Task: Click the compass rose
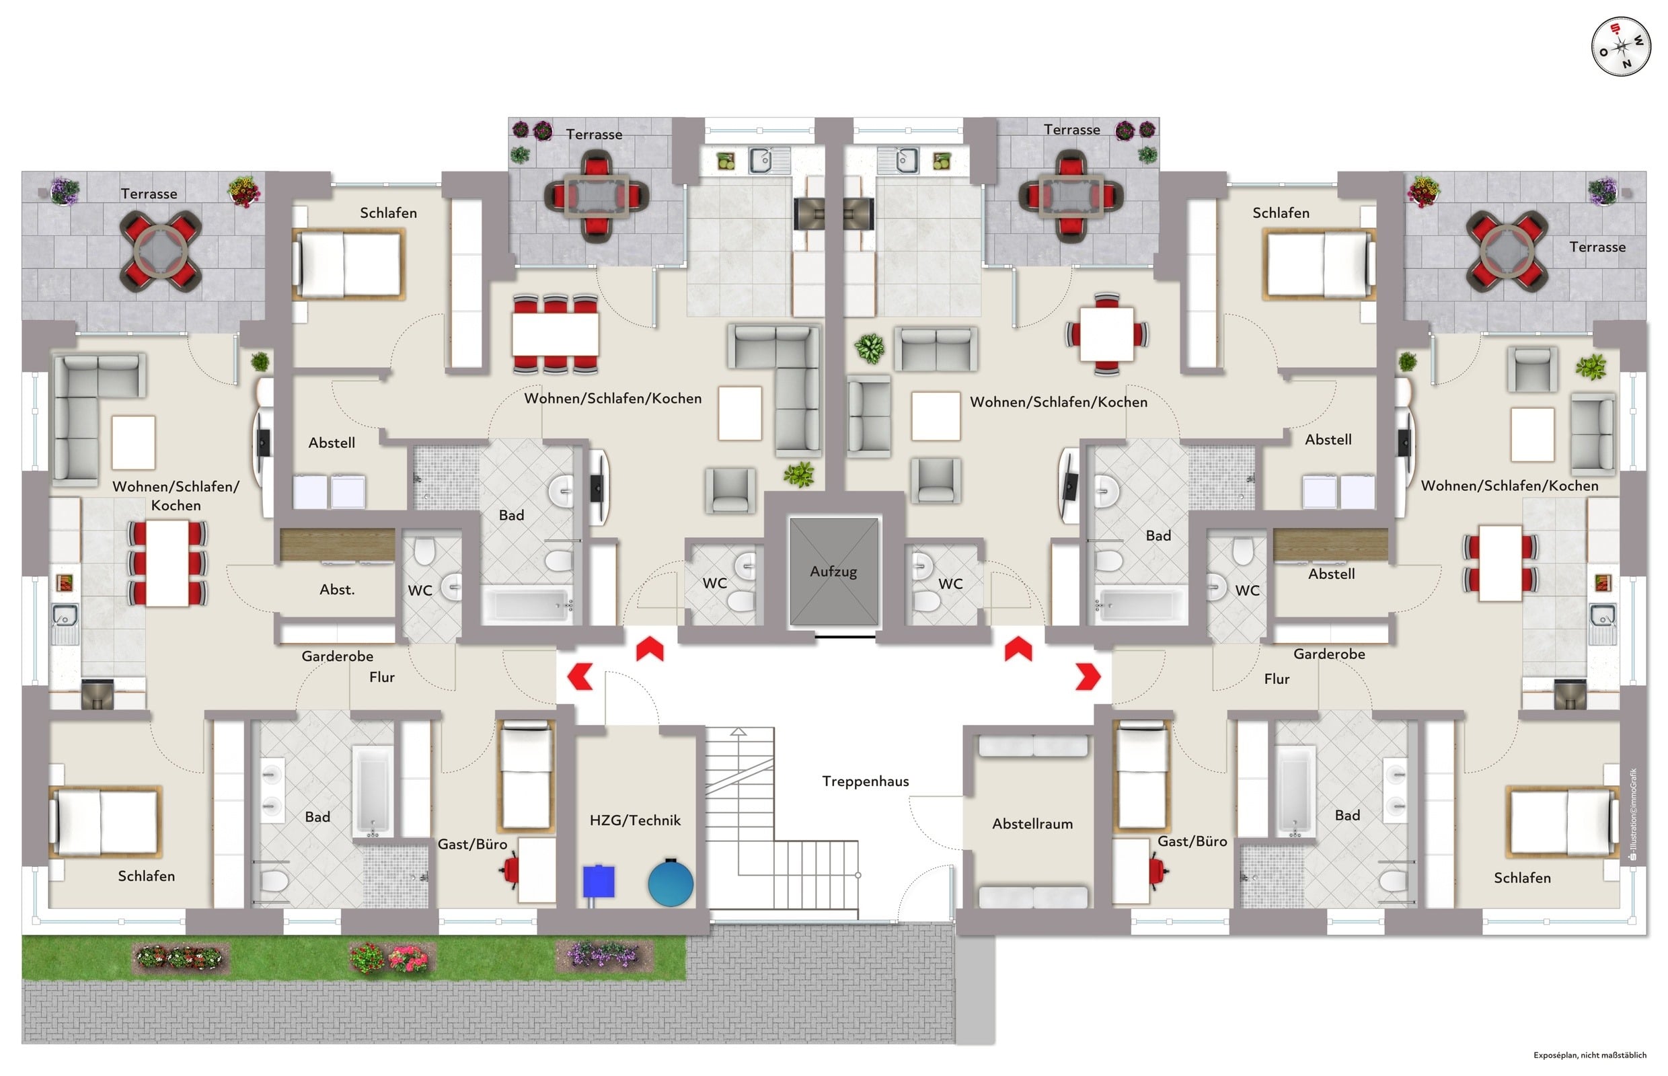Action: pos(1620,48)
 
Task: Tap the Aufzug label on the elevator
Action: pos(833,572)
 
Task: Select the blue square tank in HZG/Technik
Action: pos(598,882)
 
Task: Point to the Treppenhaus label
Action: pos(865,781)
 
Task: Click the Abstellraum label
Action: pos(1032,824)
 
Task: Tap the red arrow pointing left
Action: pos(579,677)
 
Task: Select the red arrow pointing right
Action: pos(1088,677)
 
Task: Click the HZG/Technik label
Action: pos(634,820)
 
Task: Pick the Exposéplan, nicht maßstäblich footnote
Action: pos(1590,1055)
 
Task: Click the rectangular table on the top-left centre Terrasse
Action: pos(596,194)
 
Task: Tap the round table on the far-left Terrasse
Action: pos(160,250)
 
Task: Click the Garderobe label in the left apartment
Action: pos(337,656)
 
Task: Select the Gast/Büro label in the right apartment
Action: pos(1192,841)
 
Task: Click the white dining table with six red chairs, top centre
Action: pos(555,335)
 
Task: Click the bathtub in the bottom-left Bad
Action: pos(372,790)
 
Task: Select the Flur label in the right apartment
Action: pos(1277,679)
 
